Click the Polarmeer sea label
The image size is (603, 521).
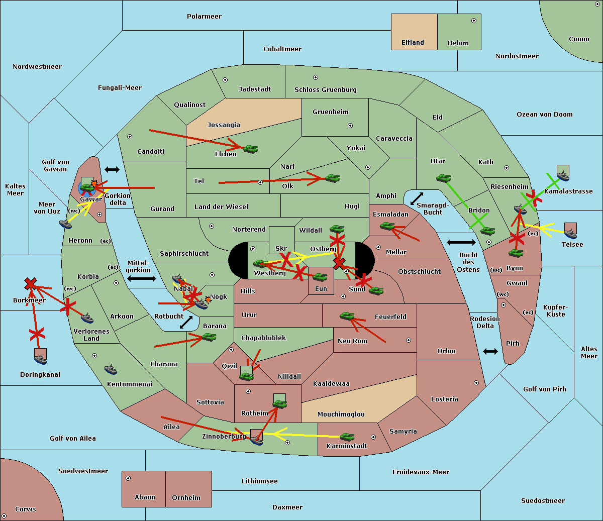click(204, 17)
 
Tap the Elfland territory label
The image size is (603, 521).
click(413, 43)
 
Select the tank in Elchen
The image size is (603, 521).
click(250, 149)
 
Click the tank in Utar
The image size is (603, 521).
click(443, 178)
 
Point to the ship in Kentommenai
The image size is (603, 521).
click(111, 370)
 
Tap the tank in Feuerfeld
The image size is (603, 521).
click(347, 316)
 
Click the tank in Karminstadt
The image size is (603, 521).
click(347, 437)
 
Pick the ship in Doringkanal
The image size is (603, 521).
click(40, 358)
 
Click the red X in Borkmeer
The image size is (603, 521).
click(31, 284)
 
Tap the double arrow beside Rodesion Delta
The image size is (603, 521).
click(490, 351)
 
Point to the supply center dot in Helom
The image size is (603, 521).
click(473, 21)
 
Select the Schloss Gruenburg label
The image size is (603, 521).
click(325, 90)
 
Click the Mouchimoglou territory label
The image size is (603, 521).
click(341, 414)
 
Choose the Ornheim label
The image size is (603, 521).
click(186, 498)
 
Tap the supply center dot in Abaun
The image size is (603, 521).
click(128, 478)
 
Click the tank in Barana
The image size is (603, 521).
click(209, 337)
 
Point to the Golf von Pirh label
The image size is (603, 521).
click(544, 389)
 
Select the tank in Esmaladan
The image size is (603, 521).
click(387, 227)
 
